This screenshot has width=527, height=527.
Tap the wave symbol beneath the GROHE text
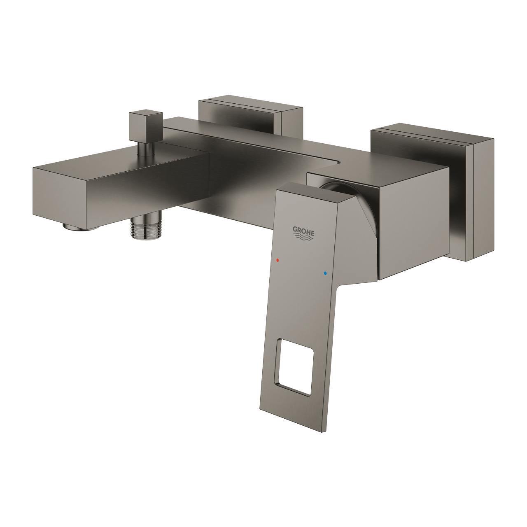303,236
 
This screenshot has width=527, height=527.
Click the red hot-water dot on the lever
278,260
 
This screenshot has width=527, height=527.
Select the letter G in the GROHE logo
295,229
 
